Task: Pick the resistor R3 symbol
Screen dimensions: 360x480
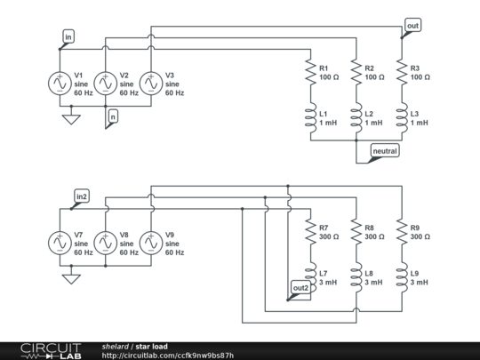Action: pos(401,74)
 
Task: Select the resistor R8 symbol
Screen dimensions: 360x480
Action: pos(355,233)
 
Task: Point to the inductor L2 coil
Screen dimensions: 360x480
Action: pos(355,118)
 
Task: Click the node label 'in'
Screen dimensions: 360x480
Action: pos(68,36)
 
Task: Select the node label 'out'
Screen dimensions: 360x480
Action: pos(412,26)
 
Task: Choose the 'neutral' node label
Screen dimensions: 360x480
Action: pos(384,152)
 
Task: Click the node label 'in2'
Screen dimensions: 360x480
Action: pos(81,196)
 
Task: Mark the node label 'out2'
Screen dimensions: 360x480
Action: pos(300,287)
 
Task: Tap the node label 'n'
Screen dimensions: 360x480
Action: pos(112,116)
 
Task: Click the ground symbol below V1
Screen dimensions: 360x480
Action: pos(68,118)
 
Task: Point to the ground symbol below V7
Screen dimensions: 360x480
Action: pos(68,278)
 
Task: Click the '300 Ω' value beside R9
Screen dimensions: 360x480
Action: pos(422,236)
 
